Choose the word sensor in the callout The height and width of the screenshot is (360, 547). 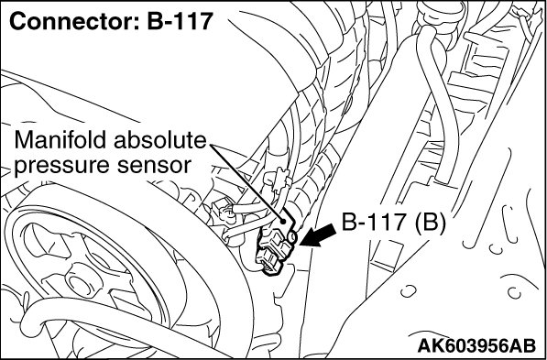154,167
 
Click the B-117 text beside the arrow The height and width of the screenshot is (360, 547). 375,223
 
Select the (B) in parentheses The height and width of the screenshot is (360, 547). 430,223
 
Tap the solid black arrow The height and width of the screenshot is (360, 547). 318,235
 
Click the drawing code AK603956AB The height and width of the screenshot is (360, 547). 476,346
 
